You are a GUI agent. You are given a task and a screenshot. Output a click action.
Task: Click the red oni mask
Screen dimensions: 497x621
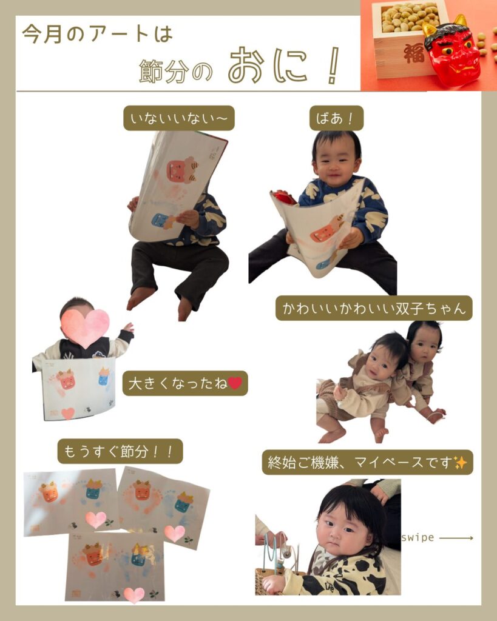tap(452, 51)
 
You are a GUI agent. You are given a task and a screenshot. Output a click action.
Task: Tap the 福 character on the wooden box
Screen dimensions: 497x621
tap(414, 53)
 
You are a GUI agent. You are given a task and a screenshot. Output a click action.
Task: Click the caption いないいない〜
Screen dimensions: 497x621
tap(179, 118)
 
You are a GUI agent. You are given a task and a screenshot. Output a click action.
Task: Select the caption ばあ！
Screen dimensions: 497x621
tap(336, 118)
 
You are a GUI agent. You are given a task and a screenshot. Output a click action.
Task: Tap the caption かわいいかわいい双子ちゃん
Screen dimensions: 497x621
tap(374, 308)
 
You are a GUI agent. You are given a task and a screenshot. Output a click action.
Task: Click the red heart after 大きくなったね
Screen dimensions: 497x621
tap(235, 383)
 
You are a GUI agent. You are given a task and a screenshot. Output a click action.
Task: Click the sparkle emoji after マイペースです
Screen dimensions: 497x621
tap(460, 462)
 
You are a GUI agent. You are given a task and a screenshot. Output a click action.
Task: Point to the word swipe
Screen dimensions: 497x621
tap(418, 537)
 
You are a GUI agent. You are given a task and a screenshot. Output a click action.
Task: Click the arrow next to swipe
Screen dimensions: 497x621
tap(456, 538)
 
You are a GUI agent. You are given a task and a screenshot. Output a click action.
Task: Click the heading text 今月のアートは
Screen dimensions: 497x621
tap(98, 34)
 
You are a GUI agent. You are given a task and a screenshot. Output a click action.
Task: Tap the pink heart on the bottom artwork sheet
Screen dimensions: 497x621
tap(134, 595)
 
